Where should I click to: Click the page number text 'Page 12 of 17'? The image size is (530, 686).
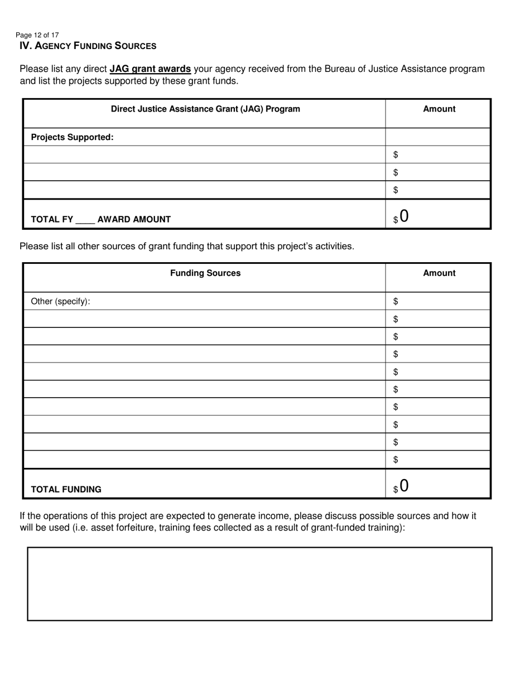pyautogui.click(x=37, y=35)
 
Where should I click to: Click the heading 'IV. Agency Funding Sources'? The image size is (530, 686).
pyautogui.click(x=88, y=46)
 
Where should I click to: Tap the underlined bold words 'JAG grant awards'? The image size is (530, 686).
pyautogui.click(x=150, y=69)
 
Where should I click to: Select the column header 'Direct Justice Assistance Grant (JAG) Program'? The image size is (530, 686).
pyautogui.click(x=205, y=109)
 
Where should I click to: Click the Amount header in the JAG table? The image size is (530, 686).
pyautogui.click(x=439, y=109)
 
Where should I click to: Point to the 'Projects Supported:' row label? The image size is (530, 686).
pyautogui.click(x=72, y=137)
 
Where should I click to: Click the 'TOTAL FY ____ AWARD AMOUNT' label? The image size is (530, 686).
pyautogui.click(x=100, y=219)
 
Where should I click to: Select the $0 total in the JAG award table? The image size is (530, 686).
pyautogui.click(x=401, y=216)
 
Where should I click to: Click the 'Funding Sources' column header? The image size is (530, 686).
pyautogui.click(x=205, y=273)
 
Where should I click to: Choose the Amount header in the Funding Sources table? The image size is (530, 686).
pyautogui.click(x=439, y=273)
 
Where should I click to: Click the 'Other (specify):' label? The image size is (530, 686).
pyautogui.click(x=60, y=302)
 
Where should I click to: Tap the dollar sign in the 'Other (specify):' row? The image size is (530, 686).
pyautogui.click(x=396, y=302)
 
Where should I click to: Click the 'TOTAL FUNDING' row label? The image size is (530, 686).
pyautogui.click(x=66, y=489)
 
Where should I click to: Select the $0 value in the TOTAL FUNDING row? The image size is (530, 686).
pyautogui.click(x=401, y=486)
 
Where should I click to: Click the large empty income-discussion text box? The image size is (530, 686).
pyautogui.click(x=260, y=583)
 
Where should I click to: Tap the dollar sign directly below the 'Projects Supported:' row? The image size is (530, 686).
pyautogui.click(x=396, y=154)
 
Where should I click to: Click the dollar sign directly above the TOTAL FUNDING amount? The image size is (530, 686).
pyautogui.click(x=396, y=460)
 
